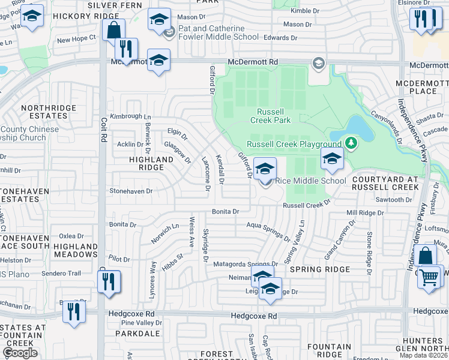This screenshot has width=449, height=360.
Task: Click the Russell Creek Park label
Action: pos(274,116)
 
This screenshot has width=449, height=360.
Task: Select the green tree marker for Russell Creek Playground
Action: pos(351,143)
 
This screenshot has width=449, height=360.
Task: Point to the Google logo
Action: pos(20,352)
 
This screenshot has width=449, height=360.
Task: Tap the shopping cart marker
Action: pos(429,278)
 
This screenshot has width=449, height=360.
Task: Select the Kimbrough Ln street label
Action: pos(131,116)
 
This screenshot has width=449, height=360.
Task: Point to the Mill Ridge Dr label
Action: pos(365,213)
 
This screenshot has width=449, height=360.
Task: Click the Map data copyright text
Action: pos(425,355)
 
